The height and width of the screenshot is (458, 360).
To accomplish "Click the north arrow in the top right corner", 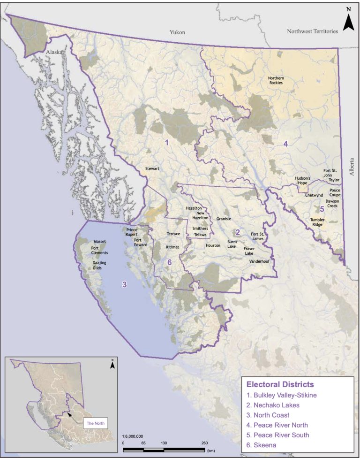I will click(348, 20).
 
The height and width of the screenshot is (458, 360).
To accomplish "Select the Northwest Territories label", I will click(313, 31).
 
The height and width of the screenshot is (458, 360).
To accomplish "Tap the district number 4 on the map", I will click(285, 144).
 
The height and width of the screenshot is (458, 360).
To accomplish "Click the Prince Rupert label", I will click(132, 232).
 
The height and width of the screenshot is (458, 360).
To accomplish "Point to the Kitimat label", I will click(172, 246).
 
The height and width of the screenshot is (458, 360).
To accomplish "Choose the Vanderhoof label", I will click(259, 260).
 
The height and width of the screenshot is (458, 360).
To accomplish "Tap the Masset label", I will click(100, 242).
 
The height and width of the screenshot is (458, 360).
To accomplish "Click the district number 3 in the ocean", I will click(124, 284).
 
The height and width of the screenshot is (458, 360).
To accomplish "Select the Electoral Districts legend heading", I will click(280, 384).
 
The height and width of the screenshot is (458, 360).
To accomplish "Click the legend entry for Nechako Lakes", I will click(273, 405).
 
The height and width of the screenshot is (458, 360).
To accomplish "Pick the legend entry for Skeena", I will click(262, 445).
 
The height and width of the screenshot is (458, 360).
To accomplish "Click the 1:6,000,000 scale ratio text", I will click(136, 435).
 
